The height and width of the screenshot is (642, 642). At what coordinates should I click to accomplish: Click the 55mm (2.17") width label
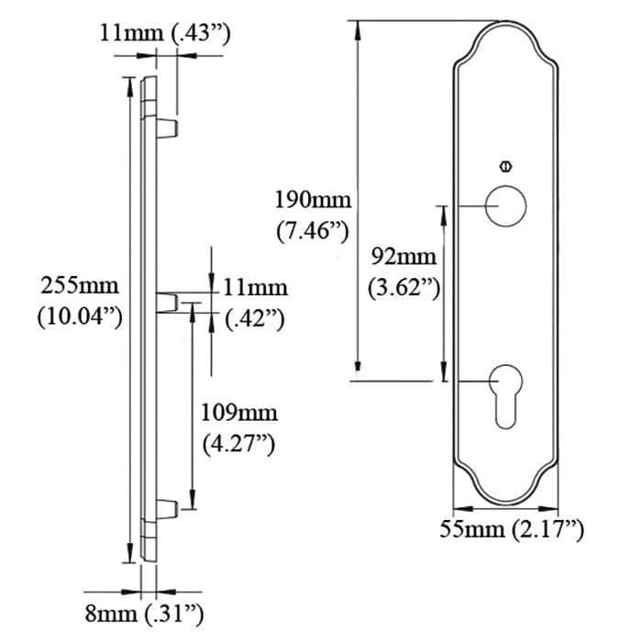511,529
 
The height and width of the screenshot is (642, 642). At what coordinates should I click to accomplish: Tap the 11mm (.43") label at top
165,34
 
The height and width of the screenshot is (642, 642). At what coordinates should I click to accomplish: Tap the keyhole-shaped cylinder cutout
505,391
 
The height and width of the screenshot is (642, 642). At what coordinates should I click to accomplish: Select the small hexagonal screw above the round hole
504,166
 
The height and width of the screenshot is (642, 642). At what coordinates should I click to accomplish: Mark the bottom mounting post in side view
167,506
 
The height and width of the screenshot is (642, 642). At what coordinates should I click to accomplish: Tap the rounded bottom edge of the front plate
505,502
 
